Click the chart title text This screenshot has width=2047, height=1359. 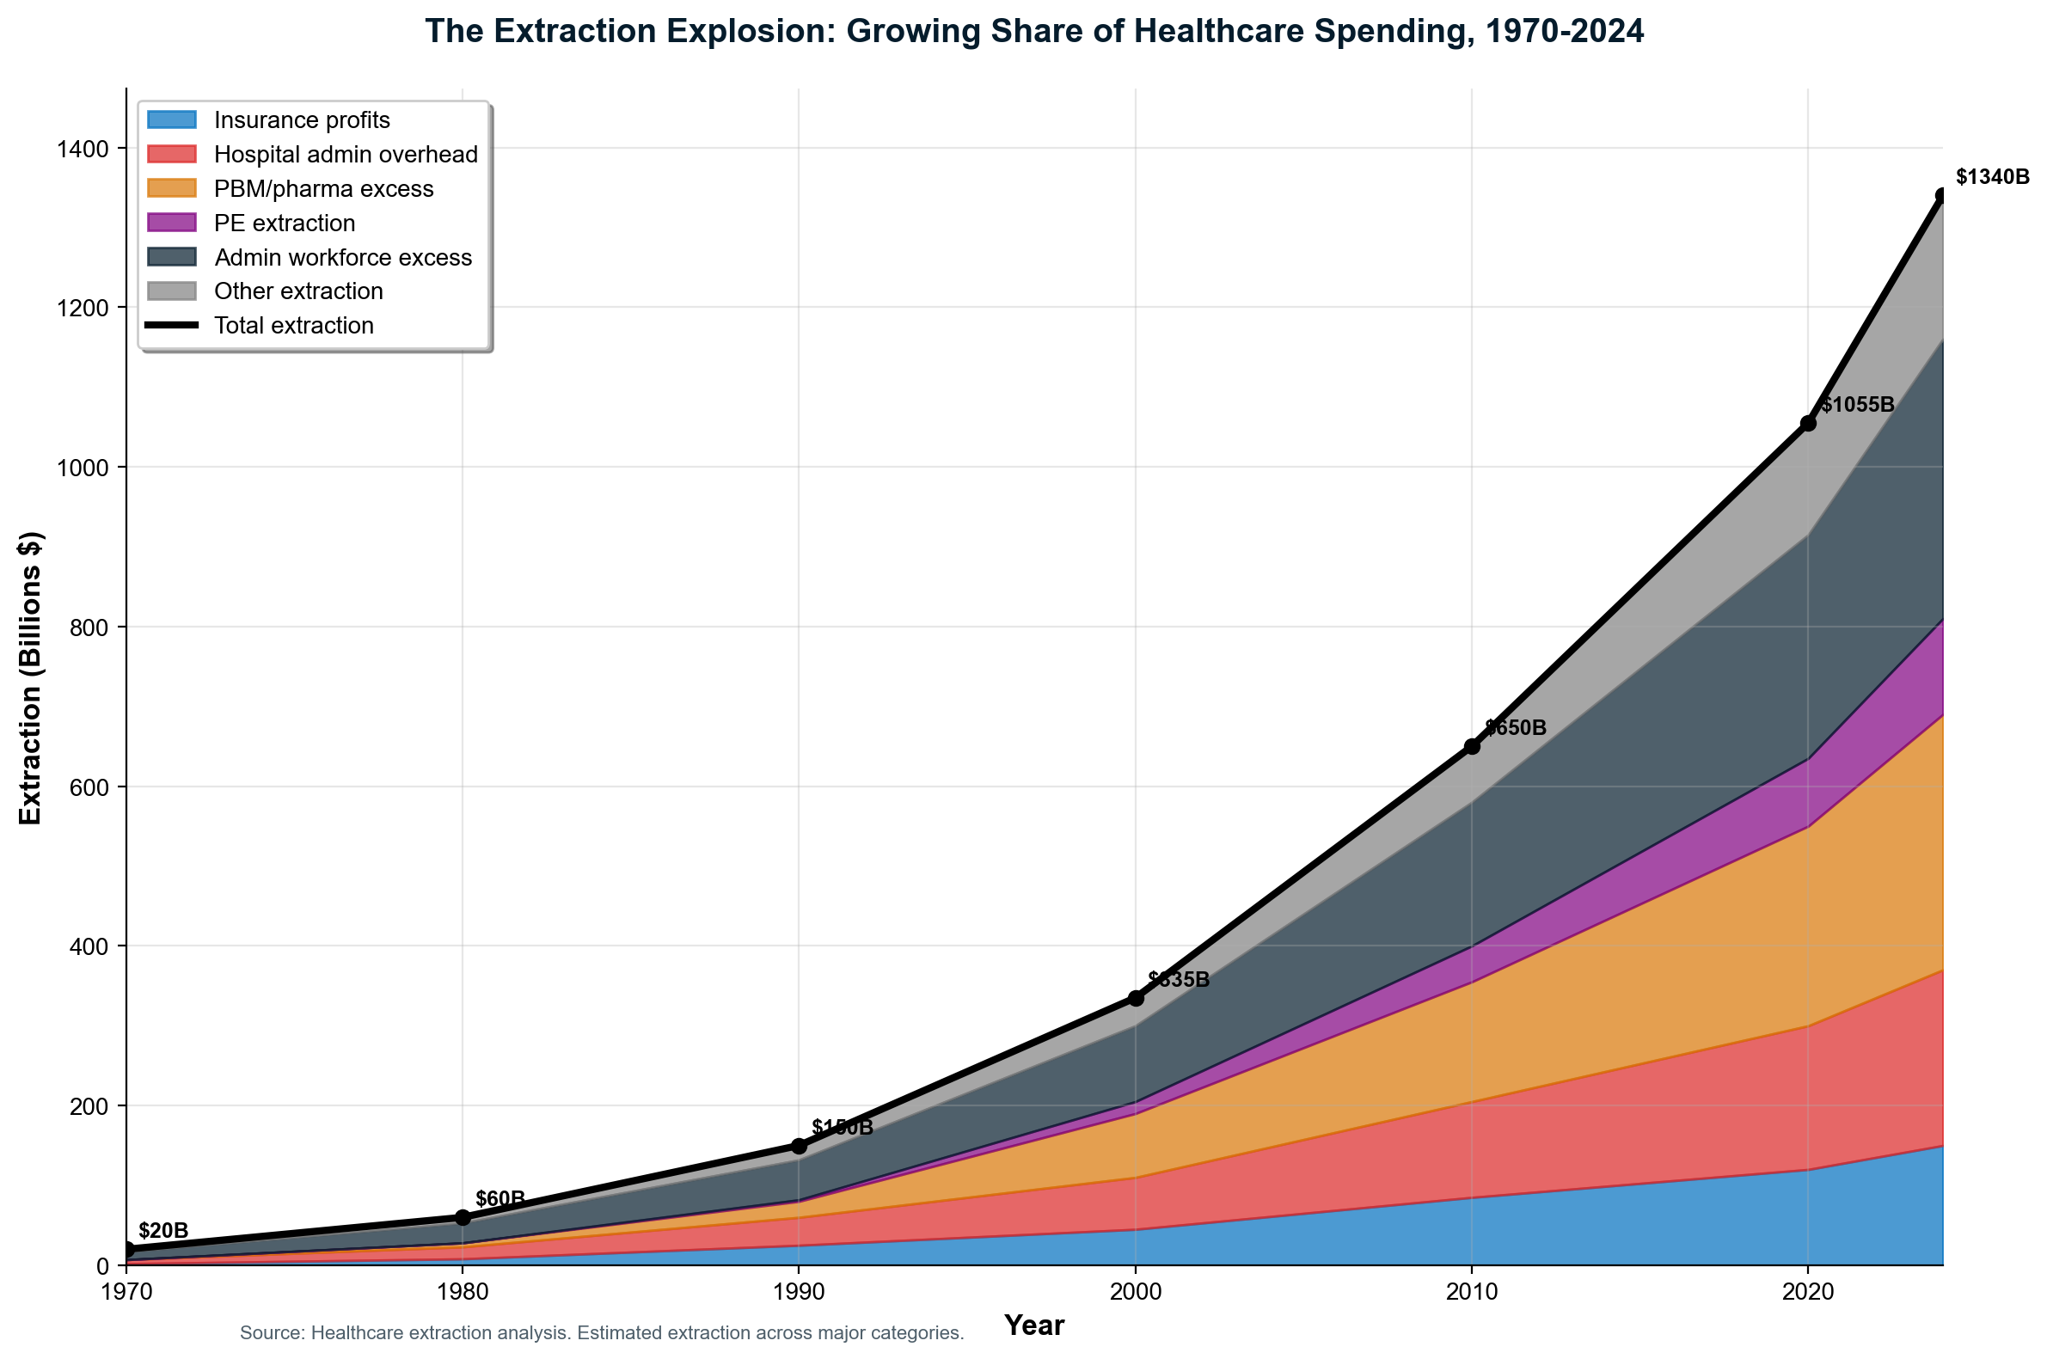pyautogui.click(x=1034, y=32)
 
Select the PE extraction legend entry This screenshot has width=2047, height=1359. pyautogui.click(x=285, y=223)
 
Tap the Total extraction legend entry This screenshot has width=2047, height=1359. pyautogui.click(x=294, y=326)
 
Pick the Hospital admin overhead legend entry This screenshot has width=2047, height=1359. pyautogui.click(x=345, y=154)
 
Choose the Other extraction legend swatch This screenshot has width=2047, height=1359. pyautogui.click(x=173, y=291)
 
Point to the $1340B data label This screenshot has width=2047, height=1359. pyautogui.click(x=1992, y=178)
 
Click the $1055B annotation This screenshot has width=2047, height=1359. pyautogui.click(x=1856, y=405)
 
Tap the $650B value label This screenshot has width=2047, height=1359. pyautogui.click(x=1515, y=728)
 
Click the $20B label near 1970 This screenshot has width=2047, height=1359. pyautogui.click(x=163, y=1231)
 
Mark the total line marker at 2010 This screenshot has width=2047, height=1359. pyautogui.click(x=1472, y=746)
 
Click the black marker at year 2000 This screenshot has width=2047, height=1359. pyautogui.click(x=1136, y=999)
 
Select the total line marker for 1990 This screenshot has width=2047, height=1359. pyautogui.click(x=799, y=1147)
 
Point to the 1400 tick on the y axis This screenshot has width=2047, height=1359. pyautogui.click(x=84, y=148)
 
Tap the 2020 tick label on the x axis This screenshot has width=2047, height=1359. pyautogui.click(x=1807, y=1293)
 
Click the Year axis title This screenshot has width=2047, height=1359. pyautogui.click(x=1034, y=1325)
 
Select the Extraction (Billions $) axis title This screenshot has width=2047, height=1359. pyautogui.click(x=31, y=676)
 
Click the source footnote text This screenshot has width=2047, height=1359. pyautogui.click(x=602, y=1334)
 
